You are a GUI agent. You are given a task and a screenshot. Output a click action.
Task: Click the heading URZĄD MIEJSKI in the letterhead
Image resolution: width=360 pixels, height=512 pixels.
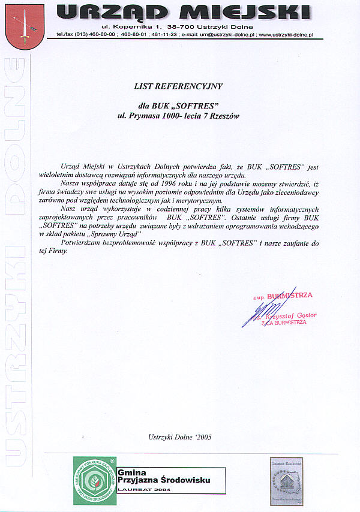coord(186,11)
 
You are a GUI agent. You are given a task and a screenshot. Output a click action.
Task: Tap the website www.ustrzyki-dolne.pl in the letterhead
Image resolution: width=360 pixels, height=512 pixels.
coord(286,35)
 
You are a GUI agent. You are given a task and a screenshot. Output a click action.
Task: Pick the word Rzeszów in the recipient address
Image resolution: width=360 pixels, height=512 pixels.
coord(224,116)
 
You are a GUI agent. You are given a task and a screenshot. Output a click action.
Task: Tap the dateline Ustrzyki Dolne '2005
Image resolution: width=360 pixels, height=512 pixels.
coord(179,437)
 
